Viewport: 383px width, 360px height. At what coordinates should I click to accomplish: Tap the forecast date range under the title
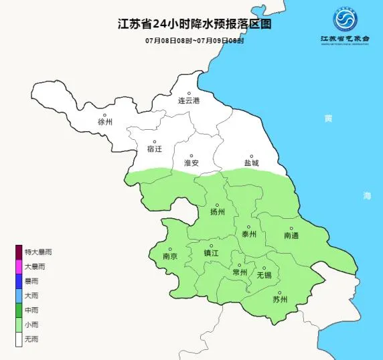pyautogui.click(x=191, y=41)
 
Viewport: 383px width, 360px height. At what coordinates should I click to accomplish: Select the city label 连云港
pyautogui.click(x=189, y=102)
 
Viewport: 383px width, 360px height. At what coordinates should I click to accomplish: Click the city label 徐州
pyautogui.click(x=105, y=122)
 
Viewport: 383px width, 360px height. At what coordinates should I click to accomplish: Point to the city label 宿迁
pyautogui.click(x=155, y=149)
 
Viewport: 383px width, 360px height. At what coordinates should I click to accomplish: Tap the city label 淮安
pyautogui.click(x=191, y=163)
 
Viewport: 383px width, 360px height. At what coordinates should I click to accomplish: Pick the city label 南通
pyautogui.click(x=292, y=235)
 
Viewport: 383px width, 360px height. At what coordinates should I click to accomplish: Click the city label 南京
pyautogui.click(x=170, y=256)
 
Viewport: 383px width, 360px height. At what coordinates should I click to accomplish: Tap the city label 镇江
pyautogui.click(x=211, y=253)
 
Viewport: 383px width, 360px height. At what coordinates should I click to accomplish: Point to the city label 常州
pyautogui.click(x=239, y=272)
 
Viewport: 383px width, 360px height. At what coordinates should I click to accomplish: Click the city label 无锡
pyautogui.click(x=264, y=275)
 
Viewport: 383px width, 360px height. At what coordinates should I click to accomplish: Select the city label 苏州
pyautogui.click(x=279, y=299)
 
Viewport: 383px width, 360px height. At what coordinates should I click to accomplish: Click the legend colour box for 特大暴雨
pyautogui.click(x=19, y=252)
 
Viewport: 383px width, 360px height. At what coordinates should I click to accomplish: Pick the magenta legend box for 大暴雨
pyautogui.click(x=19, y=266)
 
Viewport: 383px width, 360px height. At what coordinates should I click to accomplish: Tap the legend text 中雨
pyautogui.click(x=31, y=310)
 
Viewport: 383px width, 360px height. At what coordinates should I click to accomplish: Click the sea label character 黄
pyautogui.click(x=328, y=118)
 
